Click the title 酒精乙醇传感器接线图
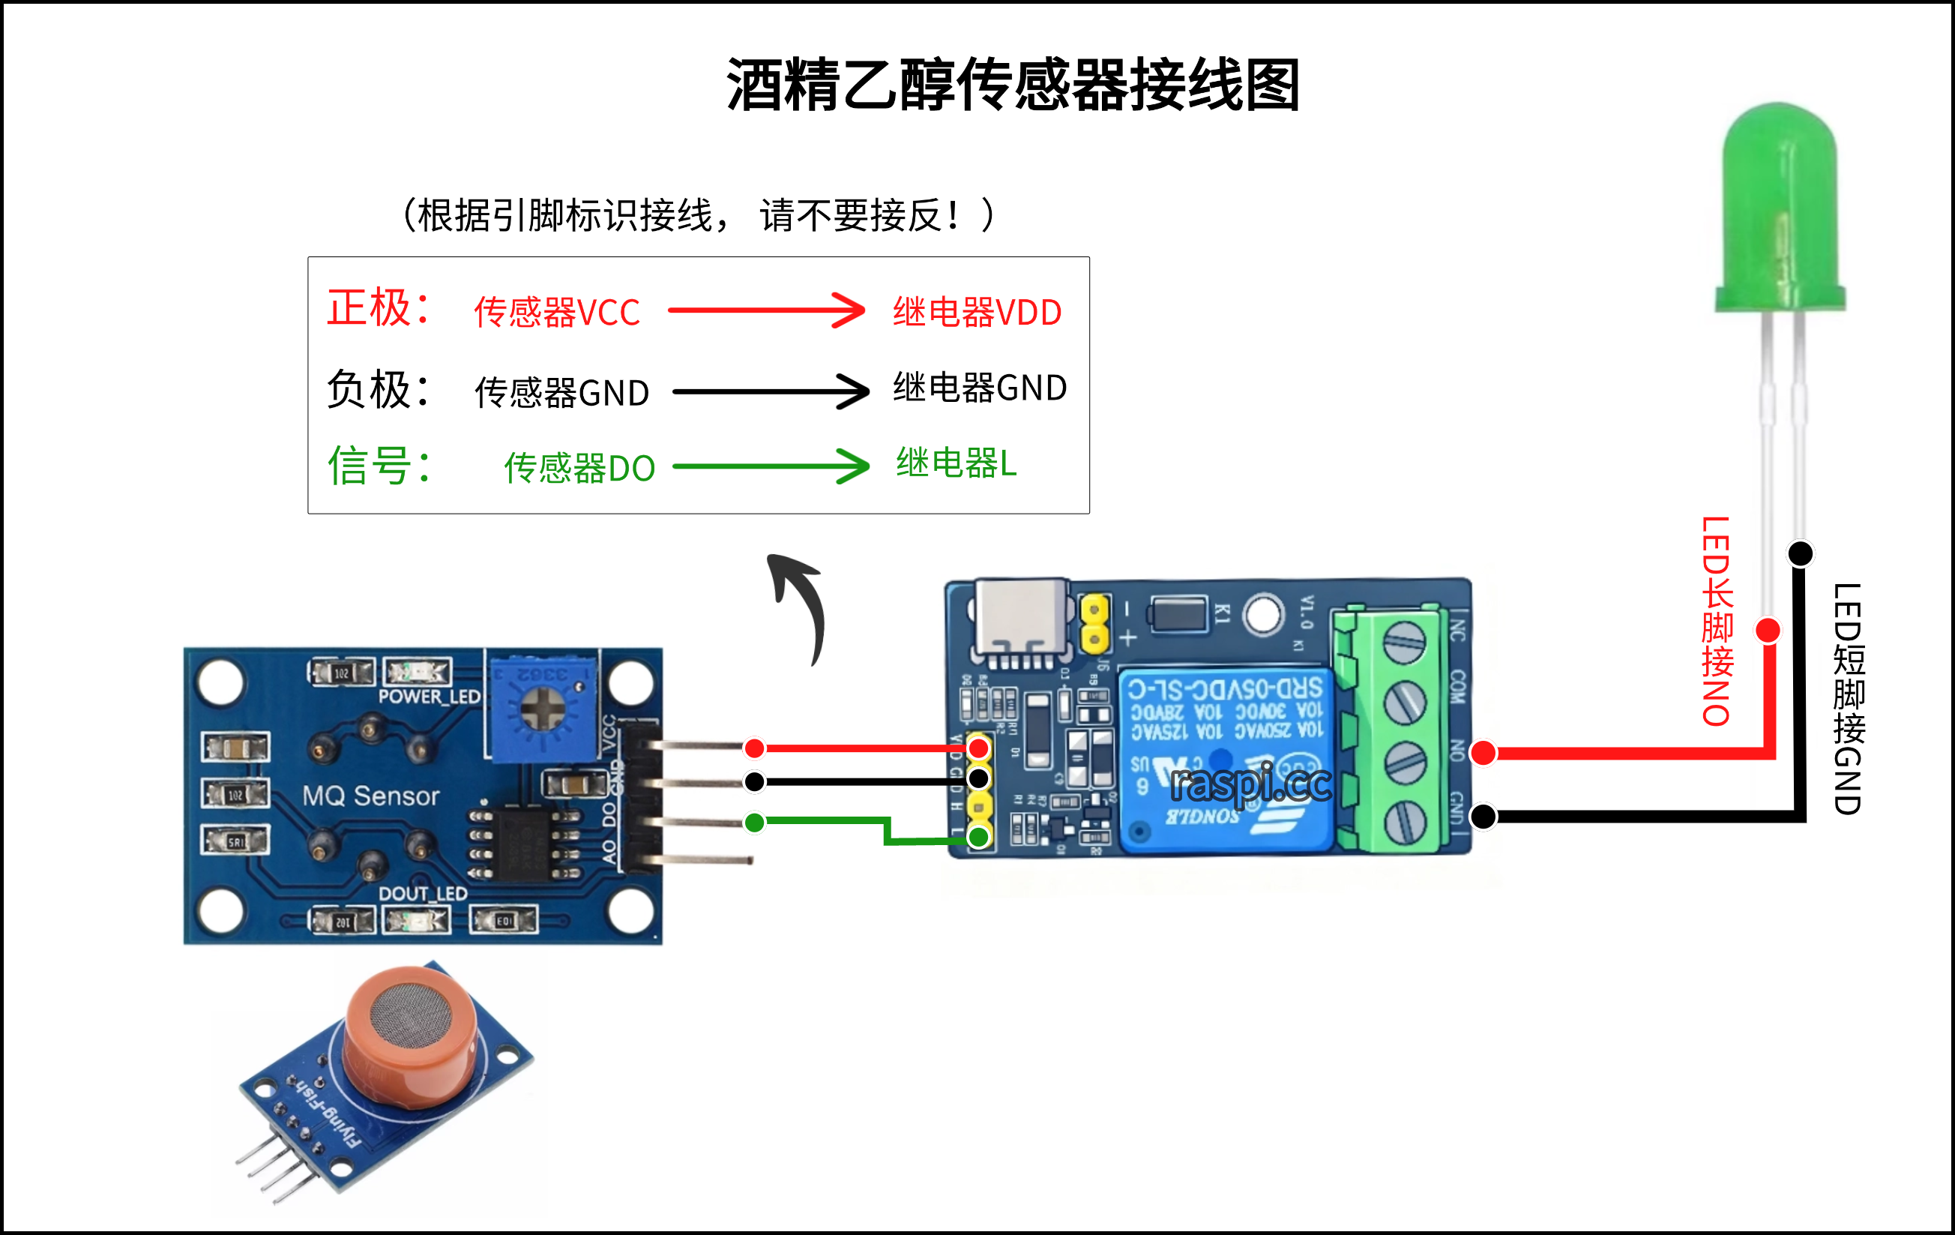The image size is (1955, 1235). pos(1013,85)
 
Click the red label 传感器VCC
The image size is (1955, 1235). pos(557,313)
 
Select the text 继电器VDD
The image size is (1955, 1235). pos(977,313)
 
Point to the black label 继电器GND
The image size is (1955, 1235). pos(980,388)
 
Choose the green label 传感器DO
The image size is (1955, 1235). pos(579,469)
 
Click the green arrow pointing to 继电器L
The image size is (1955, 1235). pos(771,466)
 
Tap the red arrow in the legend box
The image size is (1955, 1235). pos(766,310)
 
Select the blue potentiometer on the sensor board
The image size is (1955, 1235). pos(542,708)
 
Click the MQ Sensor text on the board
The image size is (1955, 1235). pos(371,796)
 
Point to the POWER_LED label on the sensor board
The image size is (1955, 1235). pos(430,697)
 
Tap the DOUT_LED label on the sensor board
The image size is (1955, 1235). pos(423,894)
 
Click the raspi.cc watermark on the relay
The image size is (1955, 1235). pos(1250,784)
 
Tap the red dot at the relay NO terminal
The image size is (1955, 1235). pos(1483,753)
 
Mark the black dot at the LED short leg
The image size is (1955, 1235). pos(1801,553)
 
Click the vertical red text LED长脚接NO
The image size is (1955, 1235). pos(1717,621)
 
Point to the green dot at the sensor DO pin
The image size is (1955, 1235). pos(754,823)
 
